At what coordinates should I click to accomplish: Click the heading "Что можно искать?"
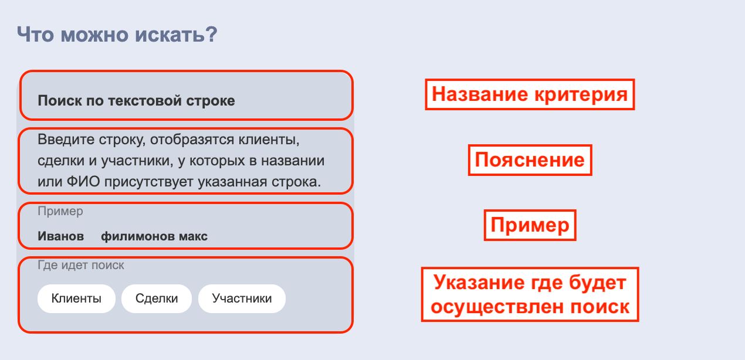click(117, 34)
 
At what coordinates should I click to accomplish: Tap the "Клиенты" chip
click(76, 298)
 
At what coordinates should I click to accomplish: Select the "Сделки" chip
click(157, 298)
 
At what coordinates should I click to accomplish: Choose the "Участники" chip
click(242, 298)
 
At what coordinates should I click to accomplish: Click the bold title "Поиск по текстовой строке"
click(136, 101)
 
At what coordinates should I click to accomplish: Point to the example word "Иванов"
click(61, 236)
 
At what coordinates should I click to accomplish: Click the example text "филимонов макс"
click(154, 236)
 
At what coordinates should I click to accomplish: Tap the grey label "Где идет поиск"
click(81, 265)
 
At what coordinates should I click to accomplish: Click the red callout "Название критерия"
click(530, 94)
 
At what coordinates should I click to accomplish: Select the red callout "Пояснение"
click(530, 160)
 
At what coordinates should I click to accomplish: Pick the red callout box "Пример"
click(530, 225)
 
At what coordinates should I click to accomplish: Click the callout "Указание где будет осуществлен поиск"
click(530, 294)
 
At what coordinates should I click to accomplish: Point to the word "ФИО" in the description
click(83, 182)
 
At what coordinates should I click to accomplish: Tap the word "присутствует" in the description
click(148, 182)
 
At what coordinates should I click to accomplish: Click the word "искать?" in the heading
click(176, 34)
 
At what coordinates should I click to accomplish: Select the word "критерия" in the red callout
click(581, 94)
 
